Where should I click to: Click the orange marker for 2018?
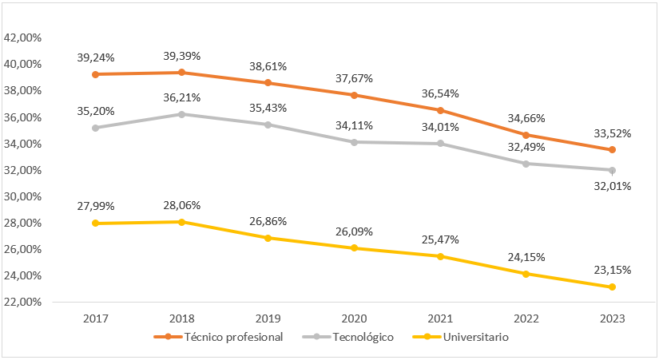coord(181,73)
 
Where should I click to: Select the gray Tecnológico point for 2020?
coord(354,142)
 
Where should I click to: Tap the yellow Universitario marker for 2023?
coord(612,287)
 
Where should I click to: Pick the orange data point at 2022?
coord(526,135)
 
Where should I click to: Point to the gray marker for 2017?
coord(96,128)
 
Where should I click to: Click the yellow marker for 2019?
coord(268,238)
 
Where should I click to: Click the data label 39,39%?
coord(182,56)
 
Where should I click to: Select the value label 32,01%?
coord(612,187)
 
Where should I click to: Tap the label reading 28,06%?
coord(182,205)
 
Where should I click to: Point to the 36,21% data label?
coord(182,97)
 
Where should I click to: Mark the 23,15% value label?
coord(612,270)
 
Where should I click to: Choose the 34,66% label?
coord(526,118)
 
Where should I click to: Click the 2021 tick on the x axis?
coord(439,318)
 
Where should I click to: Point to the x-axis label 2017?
coord(96,318)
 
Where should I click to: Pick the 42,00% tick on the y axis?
coord(23,38)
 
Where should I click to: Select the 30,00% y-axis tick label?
coord(23,196)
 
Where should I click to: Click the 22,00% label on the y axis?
coord(23,302)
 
